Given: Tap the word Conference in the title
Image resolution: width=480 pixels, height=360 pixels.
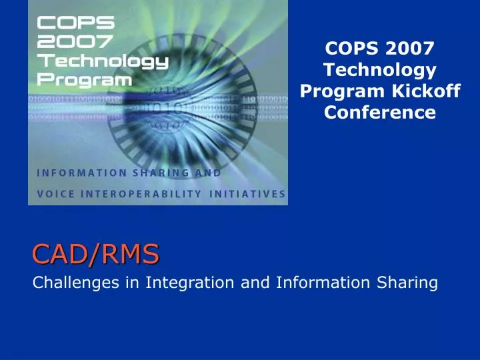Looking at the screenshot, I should [380, 113].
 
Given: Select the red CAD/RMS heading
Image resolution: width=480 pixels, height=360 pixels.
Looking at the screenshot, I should [96, 253].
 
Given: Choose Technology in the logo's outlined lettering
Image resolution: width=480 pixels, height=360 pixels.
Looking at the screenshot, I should [102, 61].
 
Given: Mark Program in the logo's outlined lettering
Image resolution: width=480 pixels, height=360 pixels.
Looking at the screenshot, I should [84, 80].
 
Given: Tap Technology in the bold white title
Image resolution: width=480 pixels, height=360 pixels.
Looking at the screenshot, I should [380, 69].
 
